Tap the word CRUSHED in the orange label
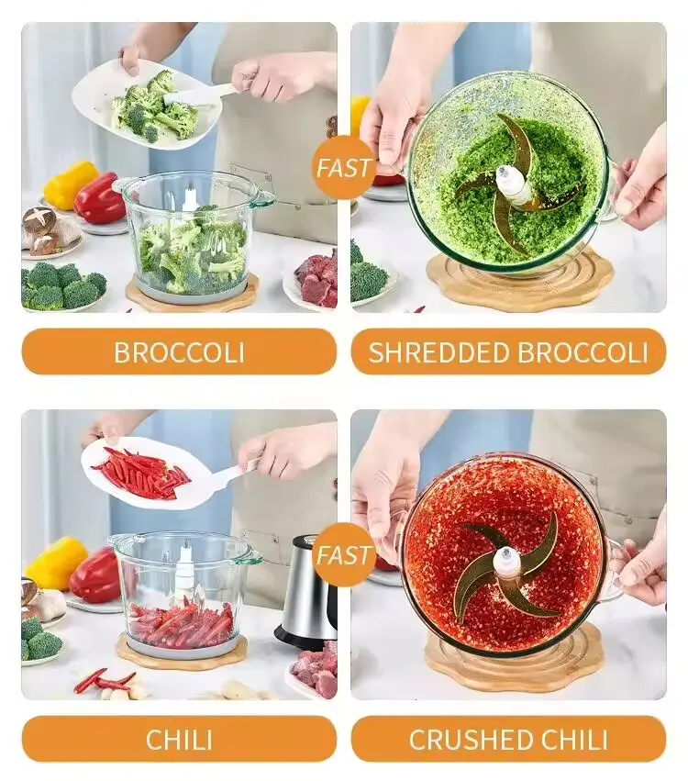(476, 740)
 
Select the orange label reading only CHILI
(179, 739)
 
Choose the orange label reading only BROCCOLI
(179, 351)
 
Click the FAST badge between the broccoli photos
(343, 167)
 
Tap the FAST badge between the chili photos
(343, 555)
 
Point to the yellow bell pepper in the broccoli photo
(69, 184)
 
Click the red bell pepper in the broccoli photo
(101, 198)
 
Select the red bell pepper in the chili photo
(94, 574)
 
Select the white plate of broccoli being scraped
(144, 105)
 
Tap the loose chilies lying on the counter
(104, 681)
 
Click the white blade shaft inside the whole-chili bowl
(184, 573)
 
